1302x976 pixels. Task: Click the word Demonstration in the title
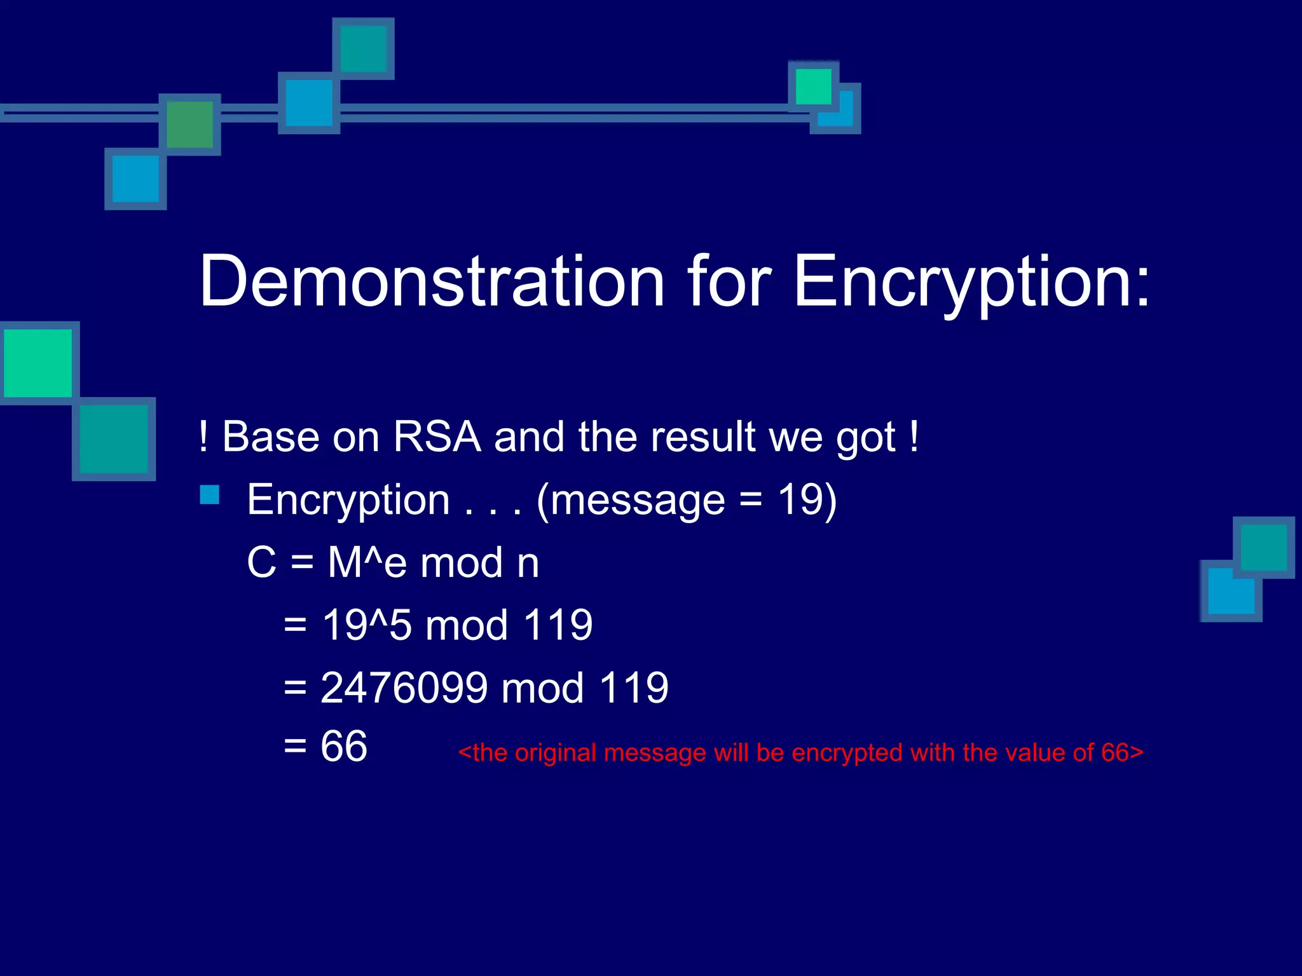coord(432,281)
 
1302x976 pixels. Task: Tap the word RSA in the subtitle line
coord(437,437)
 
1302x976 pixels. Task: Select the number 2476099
coord(404,688)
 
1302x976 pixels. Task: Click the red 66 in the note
coord(1114,753)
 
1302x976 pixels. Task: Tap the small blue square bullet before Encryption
coord(209,495)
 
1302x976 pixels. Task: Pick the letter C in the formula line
coord(261,563)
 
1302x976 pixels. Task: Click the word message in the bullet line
coord(637,501)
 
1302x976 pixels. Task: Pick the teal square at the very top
coord(363,49)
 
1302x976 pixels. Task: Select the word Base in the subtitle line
coord(271,437)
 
